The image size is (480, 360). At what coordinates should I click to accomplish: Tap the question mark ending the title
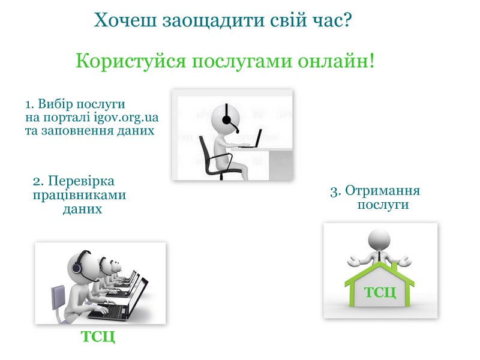coord(347,20)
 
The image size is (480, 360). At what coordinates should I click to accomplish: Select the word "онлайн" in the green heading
coord(333,61)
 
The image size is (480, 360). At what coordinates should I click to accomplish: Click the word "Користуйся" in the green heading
coord(131,61)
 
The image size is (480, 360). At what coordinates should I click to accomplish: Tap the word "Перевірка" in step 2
coord(81,182)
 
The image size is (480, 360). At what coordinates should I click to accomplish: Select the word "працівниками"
coord(80,196)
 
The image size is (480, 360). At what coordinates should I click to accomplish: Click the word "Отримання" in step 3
coord(383,191)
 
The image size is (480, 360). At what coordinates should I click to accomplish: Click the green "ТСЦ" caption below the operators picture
coord(98,337)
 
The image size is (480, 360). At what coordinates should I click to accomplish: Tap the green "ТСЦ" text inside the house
coord(380,292)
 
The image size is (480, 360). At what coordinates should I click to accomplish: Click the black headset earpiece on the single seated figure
coord(227,120)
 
